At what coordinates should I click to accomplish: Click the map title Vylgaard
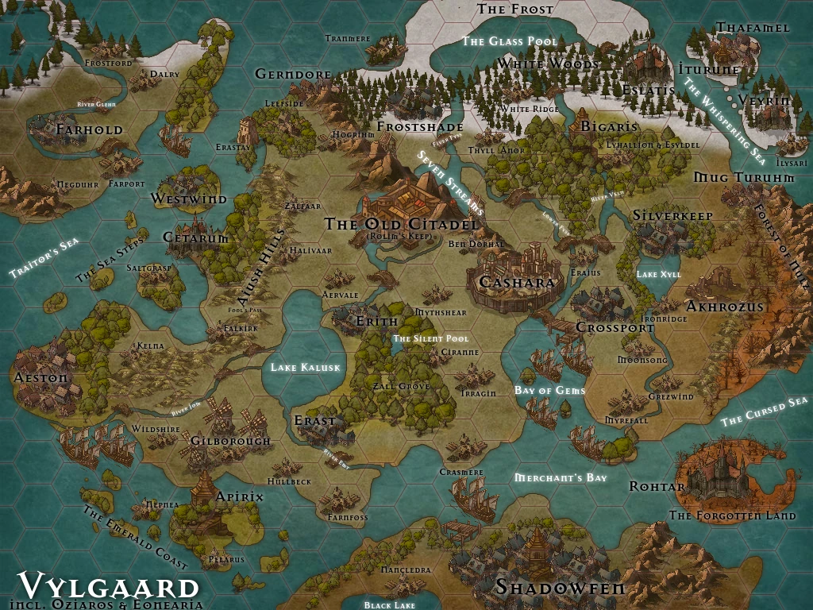(x=109, y=586)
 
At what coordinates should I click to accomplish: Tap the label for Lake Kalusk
(x=305, y=368)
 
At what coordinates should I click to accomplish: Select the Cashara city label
(x=516, y=283)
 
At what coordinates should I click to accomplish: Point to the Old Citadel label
(x=402, y=225)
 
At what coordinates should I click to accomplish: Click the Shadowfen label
(x=561, y=588)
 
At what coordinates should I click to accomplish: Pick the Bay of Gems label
(x=550, y=390)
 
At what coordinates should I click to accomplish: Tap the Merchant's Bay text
(x=561, y=477)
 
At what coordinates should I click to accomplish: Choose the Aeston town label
(x=41, y=378)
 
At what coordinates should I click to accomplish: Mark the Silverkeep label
(x=672, y=215)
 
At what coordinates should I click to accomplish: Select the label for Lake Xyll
(x=659, y=274)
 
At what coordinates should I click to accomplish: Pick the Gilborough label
(x=231, y=441)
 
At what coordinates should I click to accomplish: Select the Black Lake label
(x=389, y=605)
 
